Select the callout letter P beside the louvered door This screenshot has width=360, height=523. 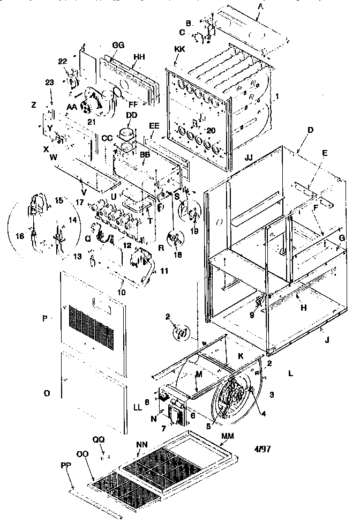tap(46, 318)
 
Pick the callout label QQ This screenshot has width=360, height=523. tap(99, 439)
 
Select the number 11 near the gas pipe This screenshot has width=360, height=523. tap(164, 272)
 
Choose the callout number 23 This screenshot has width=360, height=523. tap(49, 83)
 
